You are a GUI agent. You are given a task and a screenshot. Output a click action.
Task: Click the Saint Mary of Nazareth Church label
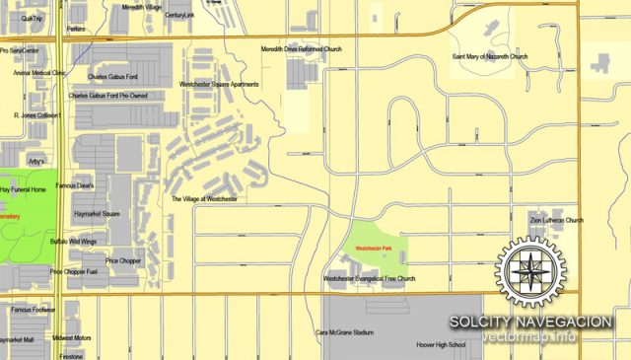490,56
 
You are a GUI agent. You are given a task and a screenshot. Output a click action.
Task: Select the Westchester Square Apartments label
219,85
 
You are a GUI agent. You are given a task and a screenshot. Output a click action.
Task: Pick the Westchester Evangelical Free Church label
370,279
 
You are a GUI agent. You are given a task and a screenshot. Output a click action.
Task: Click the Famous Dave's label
74,185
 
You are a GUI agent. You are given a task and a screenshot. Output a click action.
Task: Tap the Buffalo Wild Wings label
74,241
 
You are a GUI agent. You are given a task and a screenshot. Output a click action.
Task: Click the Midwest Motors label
72,338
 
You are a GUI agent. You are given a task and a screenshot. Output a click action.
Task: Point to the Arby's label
37,160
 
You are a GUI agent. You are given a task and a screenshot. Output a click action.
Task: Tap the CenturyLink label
180,16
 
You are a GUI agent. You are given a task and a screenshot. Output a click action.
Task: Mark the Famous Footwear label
34,310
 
